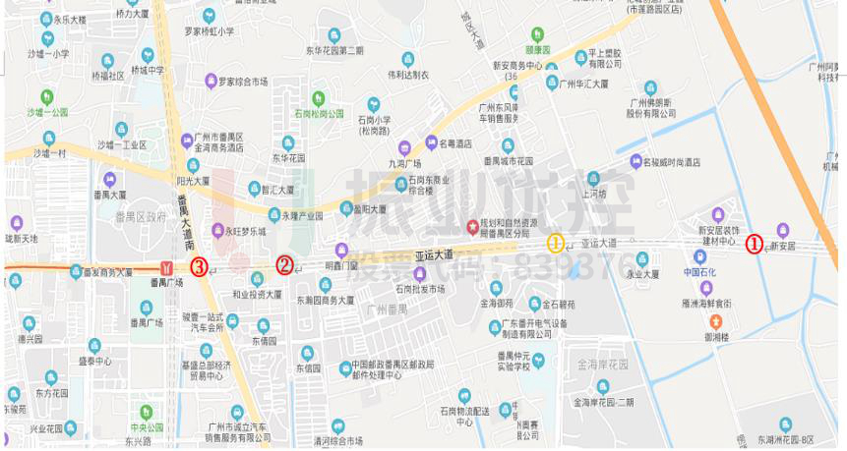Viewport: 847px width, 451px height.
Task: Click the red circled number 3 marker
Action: point(200,265)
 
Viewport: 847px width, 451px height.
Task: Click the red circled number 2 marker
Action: point(284,264)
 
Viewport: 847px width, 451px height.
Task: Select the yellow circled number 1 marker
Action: point(556,243)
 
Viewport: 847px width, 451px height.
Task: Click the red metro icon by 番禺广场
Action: point(168,267)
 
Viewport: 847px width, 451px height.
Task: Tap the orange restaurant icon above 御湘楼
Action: point(715,321)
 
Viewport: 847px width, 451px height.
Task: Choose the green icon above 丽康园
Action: point(536,32)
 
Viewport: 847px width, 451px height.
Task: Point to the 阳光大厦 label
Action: point(193,181)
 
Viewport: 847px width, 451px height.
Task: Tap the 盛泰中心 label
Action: point(96,360)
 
